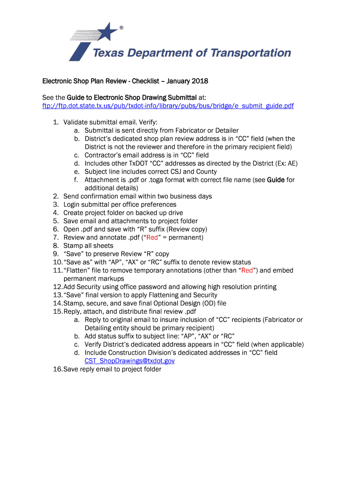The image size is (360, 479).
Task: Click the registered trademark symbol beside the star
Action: tap(122, 28)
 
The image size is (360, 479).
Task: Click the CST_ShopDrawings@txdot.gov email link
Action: tap(130, 361)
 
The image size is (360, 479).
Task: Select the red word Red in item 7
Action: tap(152, 238)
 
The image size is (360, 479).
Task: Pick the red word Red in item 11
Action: tap(246, 270)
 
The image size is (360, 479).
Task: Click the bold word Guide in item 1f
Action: tap(276, 180)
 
